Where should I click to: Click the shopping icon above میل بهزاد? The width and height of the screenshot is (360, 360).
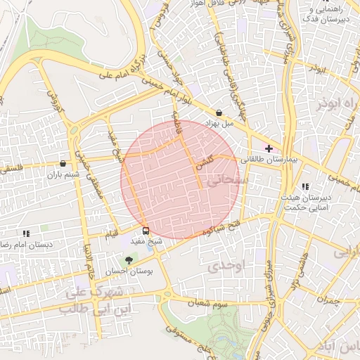(x=219, y=112)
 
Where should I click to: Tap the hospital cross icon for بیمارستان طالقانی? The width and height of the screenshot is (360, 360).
(x=268, y=148)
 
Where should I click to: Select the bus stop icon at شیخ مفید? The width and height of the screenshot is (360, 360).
(x=146, y=231)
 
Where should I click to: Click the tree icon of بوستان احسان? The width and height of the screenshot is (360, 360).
(x=127, y=260)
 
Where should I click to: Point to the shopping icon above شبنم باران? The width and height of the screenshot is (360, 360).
(x=63, y=163)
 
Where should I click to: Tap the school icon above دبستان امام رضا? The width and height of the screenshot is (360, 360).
(x=26, y=233)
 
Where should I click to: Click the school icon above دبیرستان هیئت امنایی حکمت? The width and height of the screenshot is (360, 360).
(x=305, y=186)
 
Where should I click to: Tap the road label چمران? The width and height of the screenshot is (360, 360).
(x=328, y=300)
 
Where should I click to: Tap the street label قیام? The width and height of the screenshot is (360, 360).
(x=111, y=236)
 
